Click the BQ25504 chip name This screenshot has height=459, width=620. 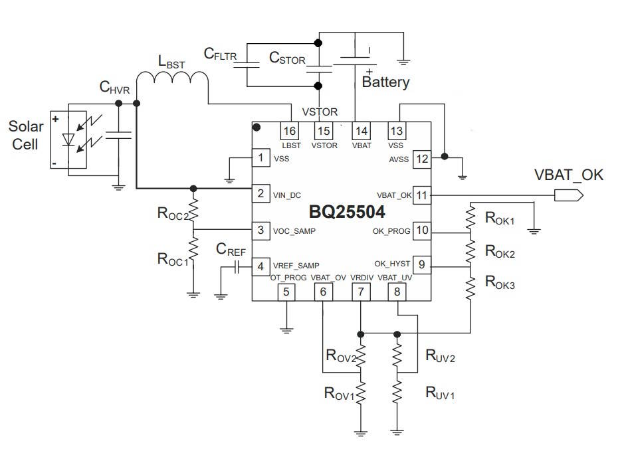pyautogui.click(x=347, y=213)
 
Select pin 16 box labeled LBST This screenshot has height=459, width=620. pyautogui.click(x=289, y=131)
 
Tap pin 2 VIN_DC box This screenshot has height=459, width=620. pyautogui.click(x=260, y=194)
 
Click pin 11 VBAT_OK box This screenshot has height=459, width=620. pyautogui.click(x=422, y=195)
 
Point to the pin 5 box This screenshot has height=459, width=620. pyautogui.click(x=286, y=291)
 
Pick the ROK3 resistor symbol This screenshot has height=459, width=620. pyautogui.click(x=470, y=287)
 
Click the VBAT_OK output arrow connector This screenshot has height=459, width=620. pyautogui.click(x=569, y=195)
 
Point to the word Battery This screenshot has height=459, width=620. pyautogui.click(x=385, y=83)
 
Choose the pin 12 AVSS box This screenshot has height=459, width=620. pyautogui.click(x=422, y=159)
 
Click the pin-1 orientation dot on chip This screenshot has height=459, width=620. pyautogui.click(x=257, y=126)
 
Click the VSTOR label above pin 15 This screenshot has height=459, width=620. pyautogui.click(x=320, y=112)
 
